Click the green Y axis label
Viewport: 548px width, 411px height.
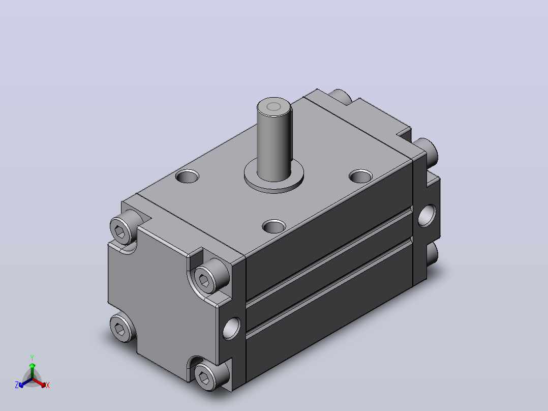tap(32, 358)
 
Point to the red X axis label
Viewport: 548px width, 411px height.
tap(48, 385)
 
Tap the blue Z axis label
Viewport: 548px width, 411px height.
tap(17, 385)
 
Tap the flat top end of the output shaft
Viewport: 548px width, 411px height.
tap(273, 106)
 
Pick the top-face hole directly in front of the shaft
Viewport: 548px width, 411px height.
tap(274, 227)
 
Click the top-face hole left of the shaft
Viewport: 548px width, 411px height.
tap(187, 177)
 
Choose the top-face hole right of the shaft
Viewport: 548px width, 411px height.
tap(361, 177)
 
